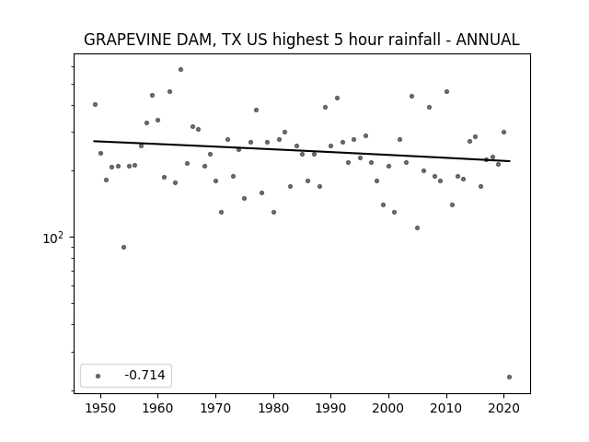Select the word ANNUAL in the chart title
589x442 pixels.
pyautogui.click(x=488, y=40)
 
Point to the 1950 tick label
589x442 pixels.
pyautogui.click(x=100, y=408)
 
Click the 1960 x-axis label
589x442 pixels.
pyautogui.click(x=157, y=408)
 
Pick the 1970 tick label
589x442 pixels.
pyautogui.click(x=215, y=408)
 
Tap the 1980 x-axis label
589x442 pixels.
pyautogui.click(x=273, y=408)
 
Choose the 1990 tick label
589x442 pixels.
pyautogui.click(x=331, y=408)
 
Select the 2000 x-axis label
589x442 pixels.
pyautogui.click(x=388, y=408)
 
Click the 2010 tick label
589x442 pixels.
pyautogui.click(x=446, y=408)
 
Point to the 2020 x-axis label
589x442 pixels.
pyautogui.click(x=504, y=408)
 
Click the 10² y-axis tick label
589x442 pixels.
pyautogui.click(x=53, y=238)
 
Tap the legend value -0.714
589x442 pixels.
pyautogui.click(x=144, y=375)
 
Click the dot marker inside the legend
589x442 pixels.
pyautogui.click(x=98, y=376)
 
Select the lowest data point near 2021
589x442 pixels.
pyautogui.click(x=509, y=377)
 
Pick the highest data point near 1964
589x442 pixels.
pyautogui.click(x=180, y=70)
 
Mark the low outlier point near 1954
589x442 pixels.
pyautogui.click(x=123, y=248)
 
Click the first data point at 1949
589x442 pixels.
pyautogui.click(x=95, y=104)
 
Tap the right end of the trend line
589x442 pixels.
pyautogui.click(x=510, y=161)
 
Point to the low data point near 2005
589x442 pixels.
pyautogui.click(x=417, y=227)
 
